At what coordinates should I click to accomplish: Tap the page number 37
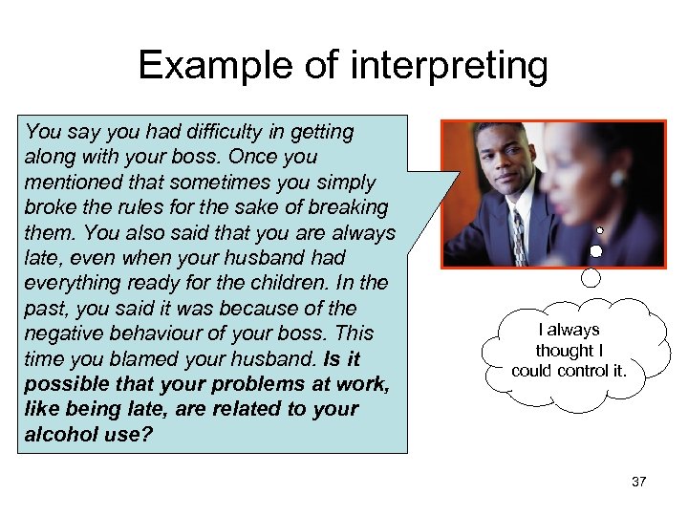638,482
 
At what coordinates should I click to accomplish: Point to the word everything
71,283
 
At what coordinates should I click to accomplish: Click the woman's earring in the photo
617,179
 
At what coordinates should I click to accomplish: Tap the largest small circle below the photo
591,277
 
